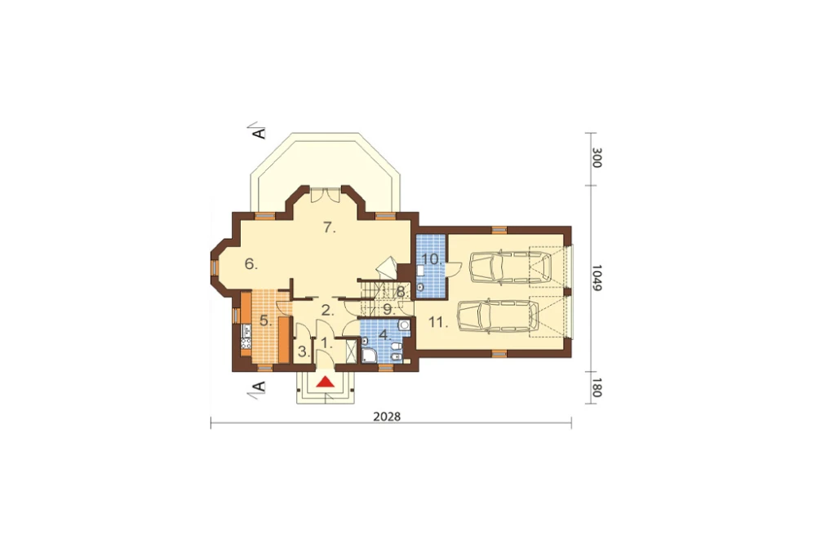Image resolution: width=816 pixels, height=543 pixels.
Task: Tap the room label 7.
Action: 330,227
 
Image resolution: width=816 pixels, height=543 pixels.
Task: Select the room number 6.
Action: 251,264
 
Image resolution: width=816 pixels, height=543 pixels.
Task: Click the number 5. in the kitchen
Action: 266,321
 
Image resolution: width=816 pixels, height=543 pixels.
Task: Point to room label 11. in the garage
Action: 438,323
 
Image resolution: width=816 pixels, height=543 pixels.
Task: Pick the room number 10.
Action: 432,258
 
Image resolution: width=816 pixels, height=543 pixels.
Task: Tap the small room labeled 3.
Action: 304,352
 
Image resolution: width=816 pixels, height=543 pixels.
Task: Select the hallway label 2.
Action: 327,311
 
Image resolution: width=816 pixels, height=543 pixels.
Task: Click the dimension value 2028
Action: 387,417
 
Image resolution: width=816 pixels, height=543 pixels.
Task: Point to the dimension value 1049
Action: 597,277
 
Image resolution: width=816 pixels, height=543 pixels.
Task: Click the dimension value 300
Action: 597,158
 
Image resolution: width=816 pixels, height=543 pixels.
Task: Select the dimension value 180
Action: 597,387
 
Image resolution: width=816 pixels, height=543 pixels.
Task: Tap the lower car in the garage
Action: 498,316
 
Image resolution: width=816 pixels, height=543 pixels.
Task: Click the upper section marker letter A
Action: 259,133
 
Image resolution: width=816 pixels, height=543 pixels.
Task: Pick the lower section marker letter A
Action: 259,386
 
